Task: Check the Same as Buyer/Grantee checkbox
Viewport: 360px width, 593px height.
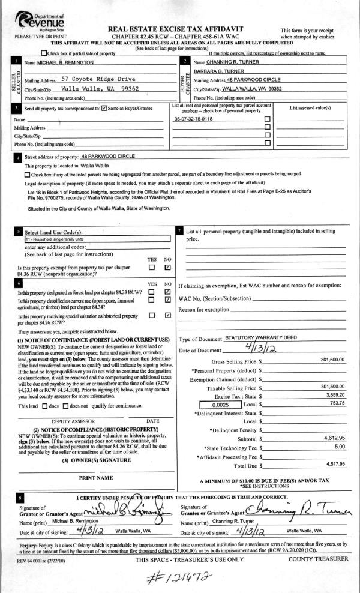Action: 105,109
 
